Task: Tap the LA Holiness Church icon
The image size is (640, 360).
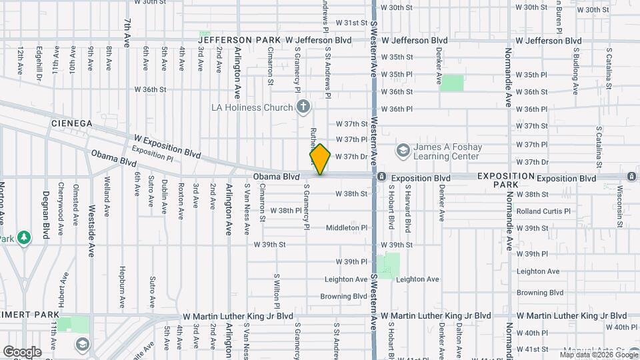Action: pos(303,107)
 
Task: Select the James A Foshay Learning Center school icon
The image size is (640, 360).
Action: pos(403,151)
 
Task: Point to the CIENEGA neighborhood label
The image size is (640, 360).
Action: pos(71,124)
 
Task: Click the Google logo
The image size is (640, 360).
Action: pos(21,351)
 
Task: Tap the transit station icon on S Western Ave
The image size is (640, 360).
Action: pos(381,177)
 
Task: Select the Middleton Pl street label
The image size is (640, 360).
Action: pos(346,228)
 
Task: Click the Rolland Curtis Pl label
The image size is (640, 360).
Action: pos(543,211)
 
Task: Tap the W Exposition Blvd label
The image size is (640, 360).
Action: pos(167,145)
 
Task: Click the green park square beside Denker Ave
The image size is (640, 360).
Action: pos(452,83)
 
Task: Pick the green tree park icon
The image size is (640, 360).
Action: pos(24,237)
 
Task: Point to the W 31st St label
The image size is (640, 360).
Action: pos(351,23)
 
